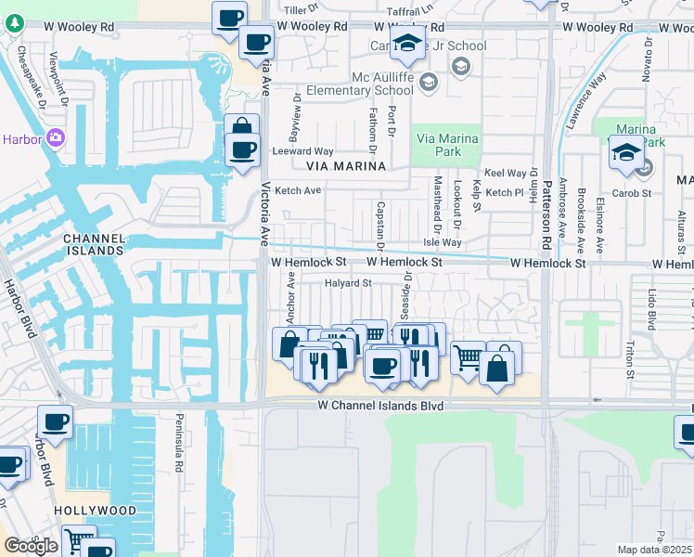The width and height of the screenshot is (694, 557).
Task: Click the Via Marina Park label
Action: (447, 145)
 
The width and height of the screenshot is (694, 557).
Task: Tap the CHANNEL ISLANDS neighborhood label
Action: (94, 244)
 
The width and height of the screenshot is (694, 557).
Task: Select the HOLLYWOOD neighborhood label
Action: (95, 511)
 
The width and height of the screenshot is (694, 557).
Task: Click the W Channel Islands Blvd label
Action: (379, 406)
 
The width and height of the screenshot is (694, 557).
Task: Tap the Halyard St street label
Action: (348, 283)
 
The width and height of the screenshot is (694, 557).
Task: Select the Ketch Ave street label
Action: (298, 190)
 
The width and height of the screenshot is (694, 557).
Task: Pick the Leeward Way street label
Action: (302, 150)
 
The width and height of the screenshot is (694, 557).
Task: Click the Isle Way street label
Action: (443, 242)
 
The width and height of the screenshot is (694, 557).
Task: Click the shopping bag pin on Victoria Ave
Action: (241, 129)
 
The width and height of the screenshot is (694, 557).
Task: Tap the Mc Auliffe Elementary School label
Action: (381, 84)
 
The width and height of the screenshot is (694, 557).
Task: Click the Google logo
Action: (31, 546)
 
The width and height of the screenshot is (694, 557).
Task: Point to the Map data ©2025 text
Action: (654, 550)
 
